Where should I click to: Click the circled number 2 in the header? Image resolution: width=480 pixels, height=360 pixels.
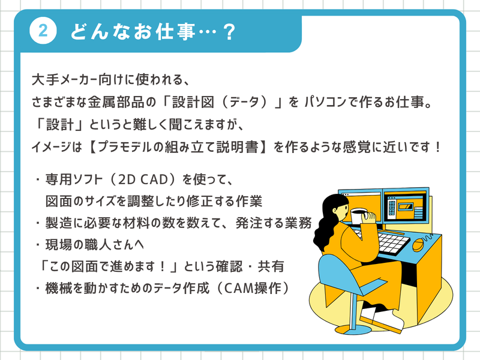pos(43,31)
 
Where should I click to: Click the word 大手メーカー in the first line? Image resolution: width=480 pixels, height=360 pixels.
pos(65,80)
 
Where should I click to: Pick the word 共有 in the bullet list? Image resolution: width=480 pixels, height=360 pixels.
pos(271,266)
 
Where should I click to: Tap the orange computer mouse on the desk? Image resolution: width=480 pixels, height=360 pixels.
pos(418,245)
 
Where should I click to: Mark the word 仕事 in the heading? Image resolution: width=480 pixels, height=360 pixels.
pos(176,32)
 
